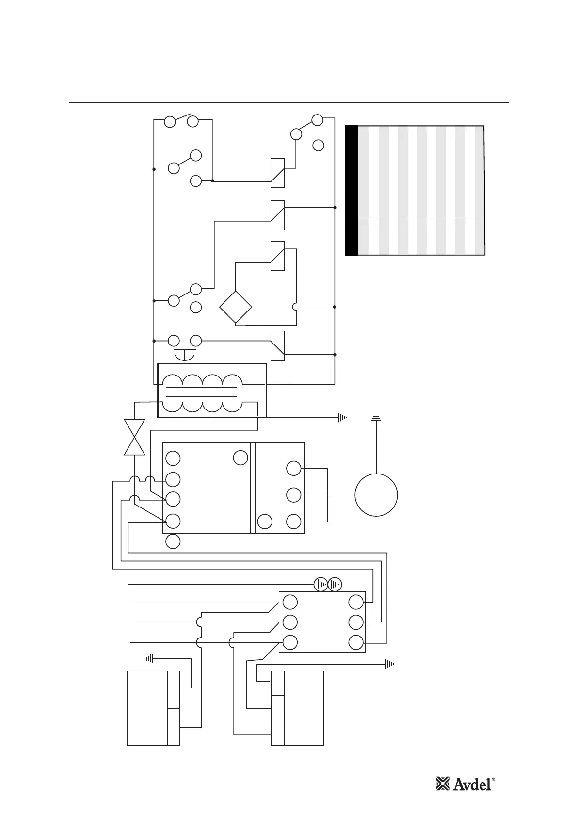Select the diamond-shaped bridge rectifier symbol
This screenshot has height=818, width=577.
tap(236, 307)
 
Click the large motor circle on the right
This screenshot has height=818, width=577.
tap(376, 495)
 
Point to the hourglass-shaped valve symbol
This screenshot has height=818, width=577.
tap(134, 437)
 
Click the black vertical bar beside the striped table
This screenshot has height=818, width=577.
tap(352, 190)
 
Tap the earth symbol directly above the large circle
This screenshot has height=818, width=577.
tap(376, 416)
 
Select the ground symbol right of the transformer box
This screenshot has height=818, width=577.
tap(343, 417)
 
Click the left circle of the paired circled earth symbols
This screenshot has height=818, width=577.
tap(321, 585)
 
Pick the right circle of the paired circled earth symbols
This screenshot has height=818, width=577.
tap(335, 585)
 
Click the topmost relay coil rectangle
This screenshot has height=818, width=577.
tap(277, 173)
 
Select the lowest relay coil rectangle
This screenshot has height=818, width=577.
tap(277, 346)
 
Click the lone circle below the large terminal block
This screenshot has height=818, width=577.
tap(173, 541)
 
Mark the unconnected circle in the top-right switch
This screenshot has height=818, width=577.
tap(318, 145)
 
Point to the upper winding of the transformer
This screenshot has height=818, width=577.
tap(201, 380)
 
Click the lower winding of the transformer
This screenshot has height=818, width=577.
tap(201, 407)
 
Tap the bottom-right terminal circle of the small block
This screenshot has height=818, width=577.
tap(356, 642)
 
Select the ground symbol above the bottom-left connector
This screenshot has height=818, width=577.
tap(149, 658)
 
